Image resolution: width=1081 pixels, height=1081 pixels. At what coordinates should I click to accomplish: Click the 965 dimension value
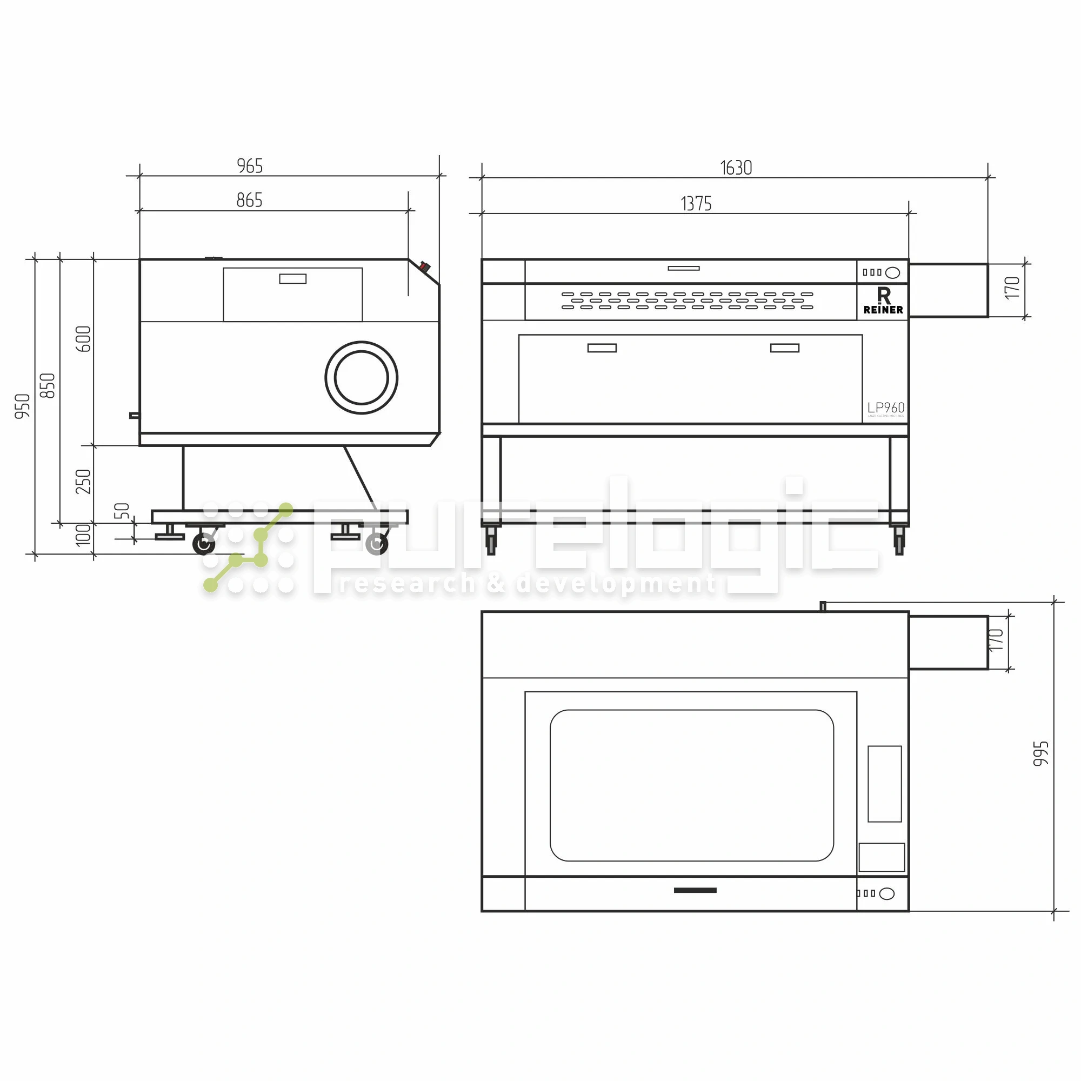point(250,166)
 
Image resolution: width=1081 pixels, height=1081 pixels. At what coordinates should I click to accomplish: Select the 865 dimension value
point(250,201)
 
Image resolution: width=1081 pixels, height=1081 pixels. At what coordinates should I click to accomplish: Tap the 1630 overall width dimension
point(736,168)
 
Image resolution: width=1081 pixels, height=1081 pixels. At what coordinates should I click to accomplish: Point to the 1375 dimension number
point(696,204)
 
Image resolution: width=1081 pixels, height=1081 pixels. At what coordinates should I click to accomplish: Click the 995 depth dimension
point(1040,753)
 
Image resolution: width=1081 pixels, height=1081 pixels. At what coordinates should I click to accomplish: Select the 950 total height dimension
point(22,406)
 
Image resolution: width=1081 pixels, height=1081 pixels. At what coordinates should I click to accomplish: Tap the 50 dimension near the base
point(122,511)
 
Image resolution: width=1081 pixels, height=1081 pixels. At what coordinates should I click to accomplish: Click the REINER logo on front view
point(883,301)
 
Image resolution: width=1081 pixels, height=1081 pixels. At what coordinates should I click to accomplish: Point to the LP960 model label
point(886,408)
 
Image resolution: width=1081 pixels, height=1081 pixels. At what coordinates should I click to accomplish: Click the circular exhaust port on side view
point(362,378)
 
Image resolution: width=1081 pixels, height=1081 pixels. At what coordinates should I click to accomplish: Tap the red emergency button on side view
point(424,267)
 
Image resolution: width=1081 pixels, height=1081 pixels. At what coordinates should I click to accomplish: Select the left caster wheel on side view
point(204,544)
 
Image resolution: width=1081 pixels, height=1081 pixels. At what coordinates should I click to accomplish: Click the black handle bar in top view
point(695,890)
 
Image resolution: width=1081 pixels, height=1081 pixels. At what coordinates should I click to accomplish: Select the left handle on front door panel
point(602,348)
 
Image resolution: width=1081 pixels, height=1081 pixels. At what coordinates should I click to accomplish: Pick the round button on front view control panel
point(893,272)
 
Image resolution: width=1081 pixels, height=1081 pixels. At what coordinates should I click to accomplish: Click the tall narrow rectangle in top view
point(885,784)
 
